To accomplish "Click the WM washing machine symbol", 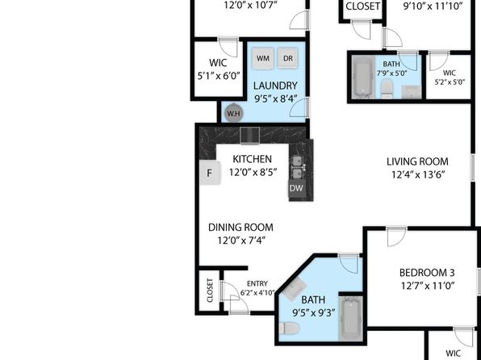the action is click(262, 58).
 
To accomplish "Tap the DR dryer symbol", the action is click(288, 58).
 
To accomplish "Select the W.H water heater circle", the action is click(234, 113).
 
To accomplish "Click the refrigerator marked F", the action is click(210, 173).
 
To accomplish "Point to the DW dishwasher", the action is click(296, 188).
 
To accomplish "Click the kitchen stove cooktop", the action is click(249, 136).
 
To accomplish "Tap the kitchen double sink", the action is click(297, 168).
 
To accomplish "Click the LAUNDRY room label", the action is click(275, 86).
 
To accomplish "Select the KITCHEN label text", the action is click(252, 159).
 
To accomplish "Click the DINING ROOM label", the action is click(240, 228).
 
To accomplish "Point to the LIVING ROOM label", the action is click(417, 161).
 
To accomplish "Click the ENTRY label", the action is click(257, 283).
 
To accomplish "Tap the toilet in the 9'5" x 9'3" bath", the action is click(289, 329).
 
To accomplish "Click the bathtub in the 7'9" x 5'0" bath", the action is click(363, 77).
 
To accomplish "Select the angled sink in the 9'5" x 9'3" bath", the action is click(295, 289).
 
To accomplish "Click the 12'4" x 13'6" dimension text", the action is click(418, 175).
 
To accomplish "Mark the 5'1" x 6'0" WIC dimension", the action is click(218, 76).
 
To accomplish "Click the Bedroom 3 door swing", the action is click(396, 237).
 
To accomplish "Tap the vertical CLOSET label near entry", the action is click(210, 291).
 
